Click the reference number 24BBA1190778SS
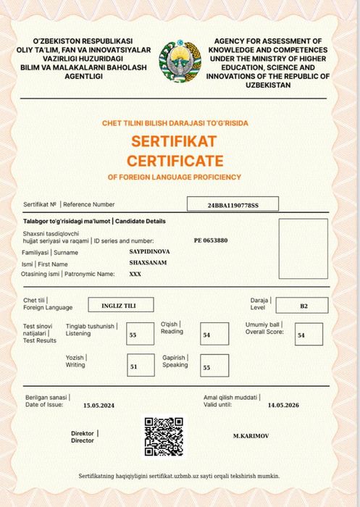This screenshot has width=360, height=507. pos(233,205)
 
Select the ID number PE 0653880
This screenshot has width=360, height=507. pos(211,240)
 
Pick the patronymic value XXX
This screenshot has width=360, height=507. pos(135,275)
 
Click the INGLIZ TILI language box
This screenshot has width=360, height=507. pos(118,306)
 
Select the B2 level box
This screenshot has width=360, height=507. pos(304,306)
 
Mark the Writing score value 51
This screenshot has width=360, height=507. pos(133,366)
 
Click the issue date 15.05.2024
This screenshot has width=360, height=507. pos(99,406)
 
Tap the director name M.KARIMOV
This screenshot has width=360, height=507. pos(252,437)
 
